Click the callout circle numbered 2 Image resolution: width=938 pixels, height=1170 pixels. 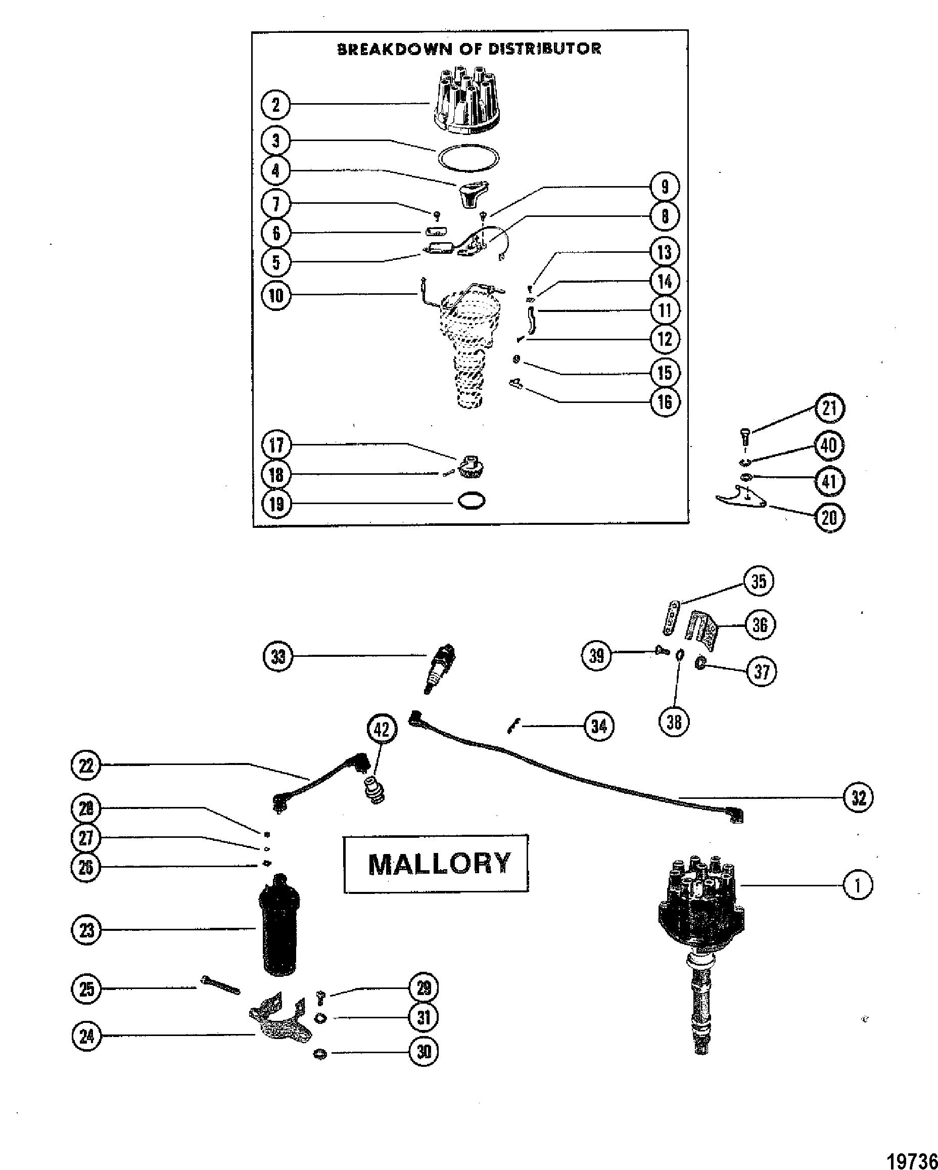275,104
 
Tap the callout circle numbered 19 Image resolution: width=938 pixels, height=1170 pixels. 276,504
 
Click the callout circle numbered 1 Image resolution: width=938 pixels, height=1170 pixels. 858,886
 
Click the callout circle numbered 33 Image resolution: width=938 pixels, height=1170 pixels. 278,657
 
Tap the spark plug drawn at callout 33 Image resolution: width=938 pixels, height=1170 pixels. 441,668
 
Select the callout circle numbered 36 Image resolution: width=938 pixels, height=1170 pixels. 759,624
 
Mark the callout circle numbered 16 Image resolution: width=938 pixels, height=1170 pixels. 664,401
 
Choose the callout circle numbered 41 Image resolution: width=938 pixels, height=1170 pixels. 829,481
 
